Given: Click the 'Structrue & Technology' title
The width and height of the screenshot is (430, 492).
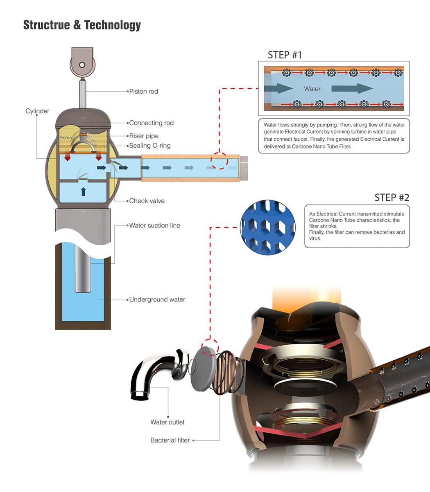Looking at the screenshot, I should tap(82, 25).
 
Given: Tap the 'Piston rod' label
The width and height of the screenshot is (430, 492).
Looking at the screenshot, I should tap(144, 91).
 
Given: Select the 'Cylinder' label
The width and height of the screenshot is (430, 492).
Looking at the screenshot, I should tap(37, 111).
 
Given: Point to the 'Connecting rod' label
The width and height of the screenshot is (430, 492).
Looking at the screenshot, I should tap(152, 123).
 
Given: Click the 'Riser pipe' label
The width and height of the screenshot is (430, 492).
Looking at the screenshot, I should tap(144, 136).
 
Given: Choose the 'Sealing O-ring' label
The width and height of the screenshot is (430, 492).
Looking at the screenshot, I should tap(150, 146).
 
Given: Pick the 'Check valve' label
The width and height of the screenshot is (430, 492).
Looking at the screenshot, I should tap(147, 201).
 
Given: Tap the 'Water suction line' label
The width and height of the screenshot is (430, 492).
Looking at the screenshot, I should tap(155, 225).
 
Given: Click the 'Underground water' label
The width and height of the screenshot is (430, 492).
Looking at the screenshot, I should tap(157, 299).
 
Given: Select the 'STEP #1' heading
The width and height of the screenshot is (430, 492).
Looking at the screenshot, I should tap(285, 55).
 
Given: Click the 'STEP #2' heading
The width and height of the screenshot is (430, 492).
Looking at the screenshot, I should tap(392, 198).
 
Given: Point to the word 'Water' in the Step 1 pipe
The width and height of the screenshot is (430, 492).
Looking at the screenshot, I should tap(312, 89).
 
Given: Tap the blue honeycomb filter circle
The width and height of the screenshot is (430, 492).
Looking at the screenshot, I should tap(268, 227).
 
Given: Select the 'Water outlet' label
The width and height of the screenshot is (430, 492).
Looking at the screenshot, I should tap(167, 422).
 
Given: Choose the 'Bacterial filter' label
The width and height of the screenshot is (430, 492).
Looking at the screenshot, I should tap(170, 440).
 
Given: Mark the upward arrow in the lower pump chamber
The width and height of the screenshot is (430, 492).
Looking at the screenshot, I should tap(84, 191).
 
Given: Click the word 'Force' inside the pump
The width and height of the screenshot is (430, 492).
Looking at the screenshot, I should tap(66, 137).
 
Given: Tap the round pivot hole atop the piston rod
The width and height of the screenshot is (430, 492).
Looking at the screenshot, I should tap(82, 65).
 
